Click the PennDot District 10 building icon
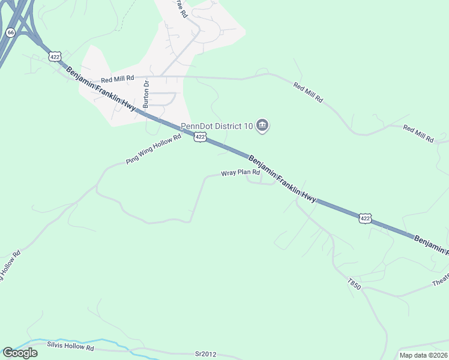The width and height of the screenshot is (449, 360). click(x=262, y=126)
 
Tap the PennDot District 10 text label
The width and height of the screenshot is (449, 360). click(x=217, y=126)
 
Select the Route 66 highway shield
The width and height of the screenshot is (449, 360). click(x=10, y=32)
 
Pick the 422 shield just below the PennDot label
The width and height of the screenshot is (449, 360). click(x=200, y=137)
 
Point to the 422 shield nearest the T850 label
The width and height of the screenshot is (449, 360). click(x=366, y=218)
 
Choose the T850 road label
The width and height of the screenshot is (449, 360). click(x=354, y=284)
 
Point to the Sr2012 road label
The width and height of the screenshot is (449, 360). click(x=205, y=355)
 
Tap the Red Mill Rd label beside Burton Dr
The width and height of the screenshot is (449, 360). click(x=116, y=79)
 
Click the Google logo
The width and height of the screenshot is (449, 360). click(x=20, y=353)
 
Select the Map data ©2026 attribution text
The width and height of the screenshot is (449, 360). click(x=423, y=355)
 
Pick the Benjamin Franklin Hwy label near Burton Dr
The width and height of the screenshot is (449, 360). click(x=101, y=88)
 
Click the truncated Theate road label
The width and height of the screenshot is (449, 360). click(x=440, y=282)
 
